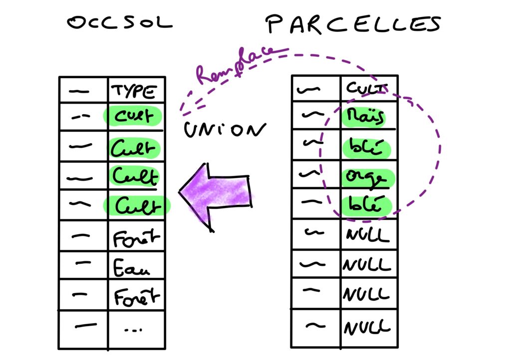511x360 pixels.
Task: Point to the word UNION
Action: (223, 131)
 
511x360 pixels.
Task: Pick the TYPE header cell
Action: (135, 92)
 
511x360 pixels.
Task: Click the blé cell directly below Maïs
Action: (368, 148)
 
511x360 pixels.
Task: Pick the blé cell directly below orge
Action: (368, 206)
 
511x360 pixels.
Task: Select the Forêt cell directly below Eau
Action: (135, 298)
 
